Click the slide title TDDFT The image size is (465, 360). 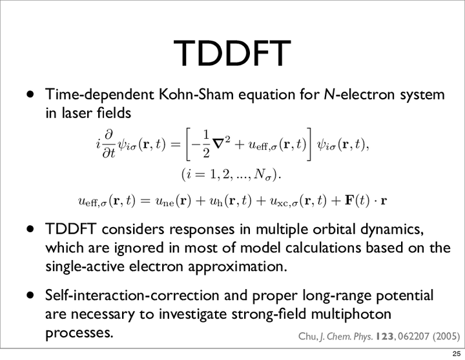[x=232, y=54]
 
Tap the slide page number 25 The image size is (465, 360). [x=457, y=354]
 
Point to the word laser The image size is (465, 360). [x=77, y=113]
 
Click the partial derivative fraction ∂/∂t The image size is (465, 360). [x=109, y=144]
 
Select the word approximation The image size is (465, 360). [x=238, y=266]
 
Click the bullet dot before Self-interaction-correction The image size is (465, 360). [x=30, y=295]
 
